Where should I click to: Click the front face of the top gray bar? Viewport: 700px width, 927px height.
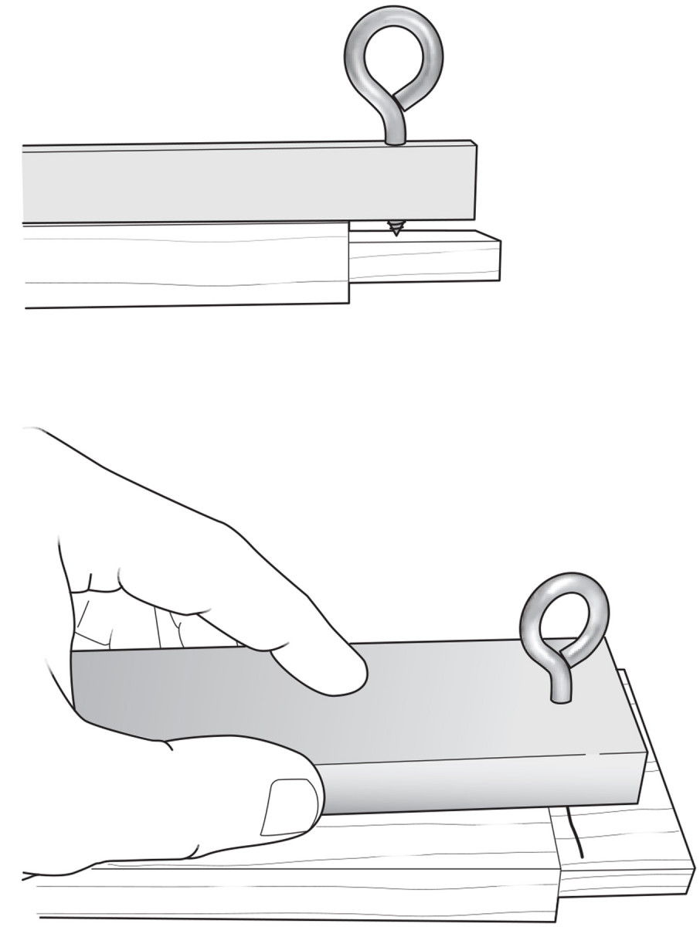(247, 184)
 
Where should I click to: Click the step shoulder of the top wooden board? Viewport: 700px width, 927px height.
(348, 263)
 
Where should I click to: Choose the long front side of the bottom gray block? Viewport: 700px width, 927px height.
(479, 784)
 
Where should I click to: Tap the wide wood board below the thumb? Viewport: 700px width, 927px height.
(309, 873)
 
